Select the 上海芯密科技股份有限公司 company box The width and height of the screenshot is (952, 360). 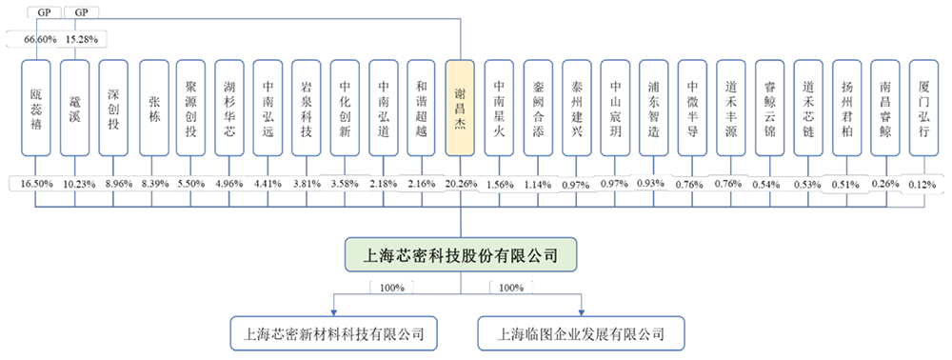pyautogui.click(x=461, y=254)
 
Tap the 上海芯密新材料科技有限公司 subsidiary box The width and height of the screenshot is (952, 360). pyautogui.click(x=333, y=333)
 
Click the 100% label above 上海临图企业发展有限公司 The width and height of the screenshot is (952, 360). pyautogui.click(x=509, y=287)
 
